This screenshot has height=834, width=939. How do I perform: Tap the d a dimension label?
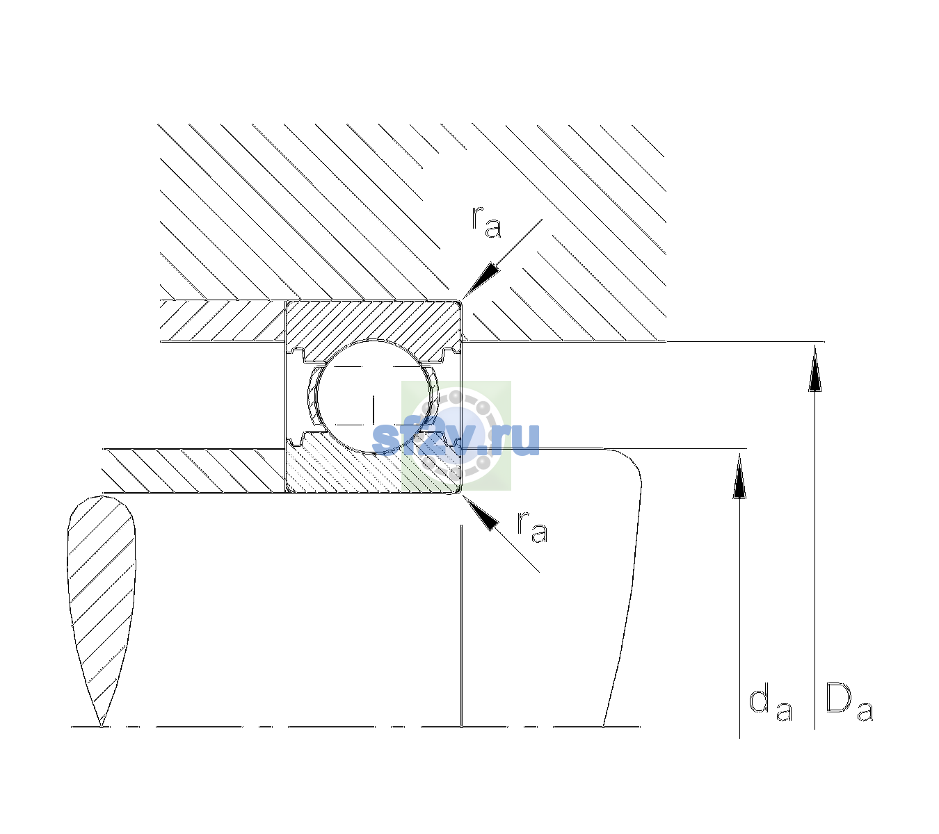click(770, 704)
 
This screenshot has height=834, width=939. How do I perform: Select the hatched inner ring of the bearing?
click(373, 468)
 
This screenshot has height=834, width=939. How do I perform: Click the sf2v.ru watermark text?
click(456, 438)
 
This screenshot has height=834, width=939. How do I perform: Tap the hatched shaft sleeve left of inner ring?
click(193, 471)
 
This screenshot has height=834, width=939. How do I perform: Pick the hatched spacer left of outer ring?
click(223, 321)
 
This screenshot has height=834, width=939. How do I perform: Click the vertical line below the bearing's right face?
click(461, 625)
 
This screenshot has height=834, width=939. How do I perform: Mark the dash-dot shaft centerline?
click(355, 726)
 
